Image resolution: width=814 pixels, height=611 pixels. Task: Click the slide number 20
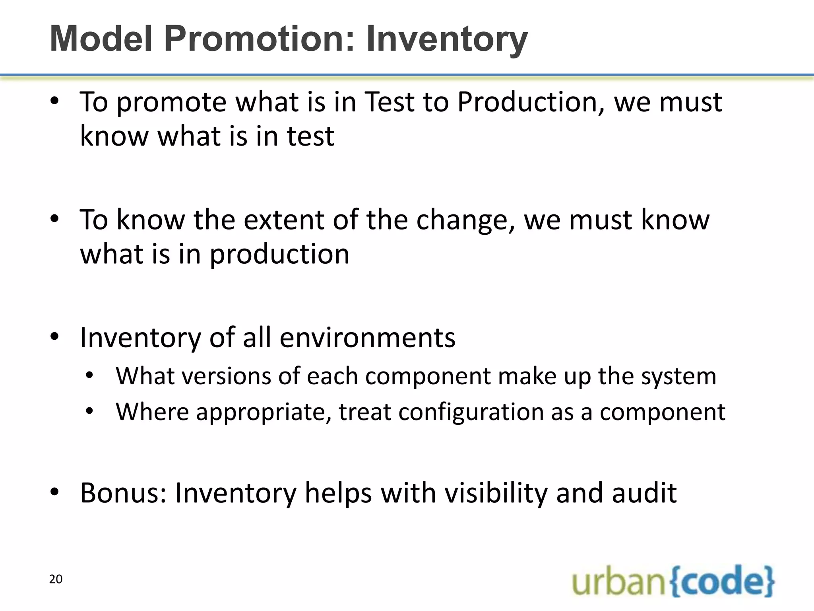click(56, 579)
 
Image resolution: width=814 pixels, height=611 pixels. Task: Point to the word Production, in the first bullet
click(531, 102)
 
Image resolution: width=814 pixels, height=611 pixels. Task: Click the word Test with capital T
click(389, 102)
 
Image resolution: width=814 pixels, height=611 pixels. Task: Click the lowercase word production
click(279, 255)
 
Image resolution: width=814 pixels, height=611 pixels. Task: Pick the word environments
click(367, 337)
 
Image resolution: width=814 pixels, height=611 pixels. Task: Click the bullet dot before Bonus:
click(54, 492)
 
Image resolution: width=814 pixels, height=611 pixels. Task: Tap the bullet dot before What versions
click(89, 376)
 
